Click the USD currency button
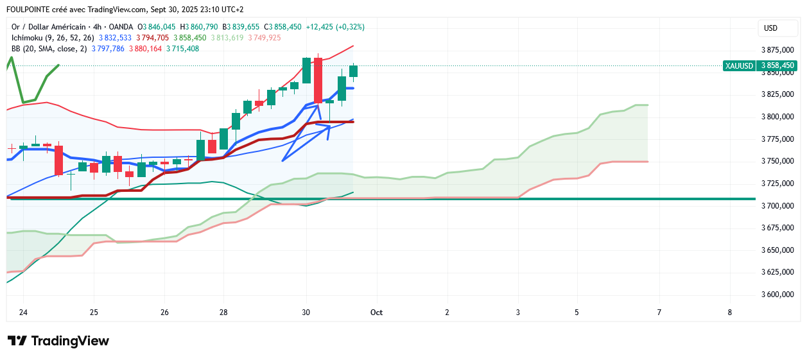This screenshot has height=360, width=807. tap(770, 28)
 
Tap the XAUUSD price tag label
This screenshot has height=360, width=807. tap(739, 65)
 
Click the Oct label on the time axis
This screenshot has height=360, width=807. tap(376, 313)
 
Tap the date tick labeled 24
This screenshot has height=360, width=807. tap(24, 313)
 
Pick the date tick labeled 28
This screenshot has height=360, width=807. tap(223, 313)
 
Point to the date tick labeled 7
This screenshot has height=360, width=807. tap(659, 313)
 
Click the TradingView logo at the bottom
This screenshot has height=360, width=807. tap(58, 341)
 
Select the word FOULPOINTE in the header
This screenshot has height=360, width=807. tap(30, 10)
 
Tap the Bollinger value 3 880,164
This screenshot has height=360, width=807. tap(145, 49)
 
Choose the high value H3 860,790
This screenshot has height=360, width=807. tap(199, 27)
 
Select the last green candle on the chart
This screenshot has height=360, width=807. tap(354, 71)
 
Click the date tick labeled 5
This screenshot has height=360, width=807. tap(577, 313)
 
